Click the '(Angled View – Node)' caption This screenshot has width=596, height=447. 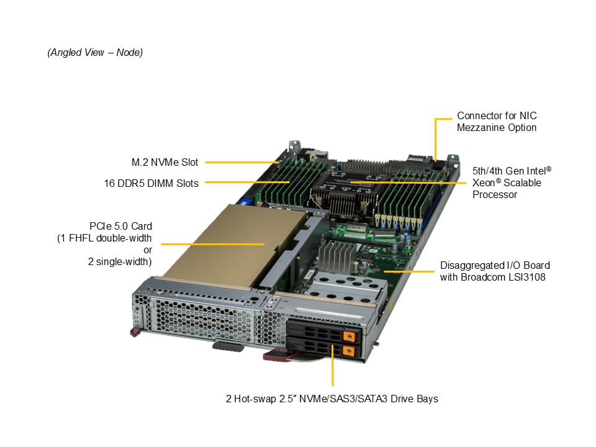pos(95,52)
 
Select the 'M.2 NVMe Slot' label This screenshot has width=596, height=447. pos(165,162)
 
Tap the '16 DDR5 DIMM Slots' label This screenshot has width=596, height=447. pos(151,183)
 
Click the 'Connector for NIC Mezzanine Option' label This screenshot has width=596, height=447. pos(497,122)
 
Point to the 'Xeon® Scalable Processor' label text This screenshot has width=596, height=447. pos(507,189)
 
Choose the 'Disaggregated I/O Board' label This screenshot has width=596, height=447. pos(495,265)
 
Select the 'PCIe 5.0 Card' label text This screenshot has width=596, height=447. pos(120,226)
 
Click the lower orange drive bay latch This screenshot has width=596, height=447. pos(348,350)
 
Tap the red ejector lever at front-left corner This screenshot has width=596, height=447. pos(135,333)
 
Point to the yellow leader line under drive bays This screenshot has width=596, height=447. pos(333,365)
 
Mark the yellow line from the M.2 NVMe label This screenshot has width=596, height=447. pos(242,162)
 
